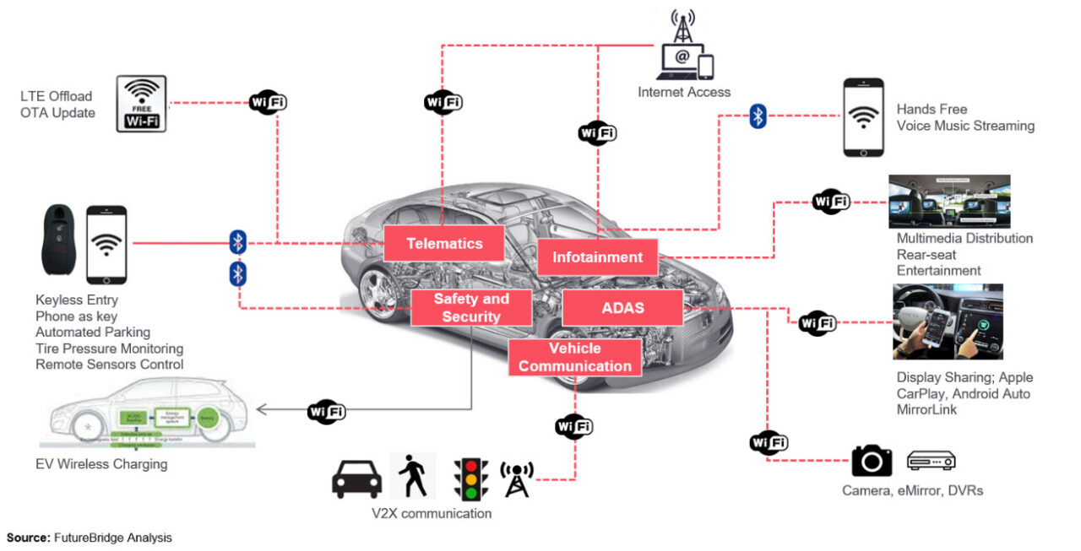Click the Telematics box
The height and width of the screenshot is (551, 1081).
tap(444, 243)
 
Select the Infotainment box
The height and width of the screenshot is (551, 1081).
tap(597, 257)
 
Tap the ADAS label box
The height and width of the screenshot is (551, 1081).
tap(622, 308)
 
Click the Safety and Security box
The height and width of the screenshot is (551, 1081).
tap(471, 308)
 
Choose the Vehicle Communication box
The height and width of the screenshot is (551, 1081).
tap(575, 358)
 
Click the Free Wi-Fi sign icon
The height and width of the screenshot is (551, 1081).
tap(141, 104)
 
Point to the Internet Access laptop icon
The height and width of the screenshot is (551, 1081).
tap(678, 62)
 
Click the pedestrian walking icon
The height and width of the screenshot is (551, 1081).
tap(413, 477)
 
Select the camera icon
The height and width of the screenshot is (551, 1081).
tap(872, 461)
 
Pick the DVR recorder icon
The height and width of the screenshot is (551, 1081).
tap(931, 461)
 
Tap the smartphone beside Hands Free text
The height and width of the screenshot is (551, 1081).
tap(863, 117)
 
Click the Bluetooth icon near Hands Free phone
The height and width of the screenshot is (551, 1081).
tap(758, 117)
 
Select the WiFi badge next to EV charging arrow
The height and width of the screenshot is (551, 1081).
tap(327, 411)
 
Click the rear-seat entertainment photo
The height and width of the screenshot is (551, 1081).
tap(949, 202)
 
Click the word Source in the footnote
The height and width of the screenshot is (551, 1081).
tap(28, 537)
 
